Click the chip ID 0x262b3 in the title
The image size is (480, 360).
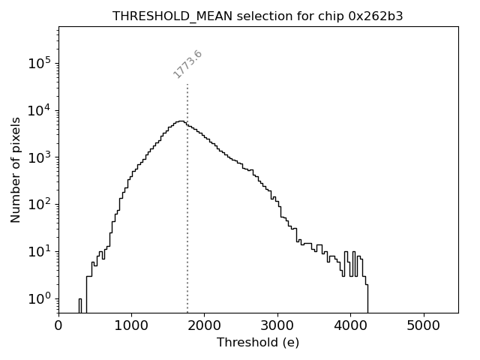click(370, 16)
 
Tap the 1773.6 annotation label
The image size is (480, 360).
click(187, 64)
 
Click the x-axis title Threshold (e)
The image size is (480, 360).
click(258, 343)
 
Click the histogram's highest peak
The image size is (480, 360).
click(180, 121)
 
